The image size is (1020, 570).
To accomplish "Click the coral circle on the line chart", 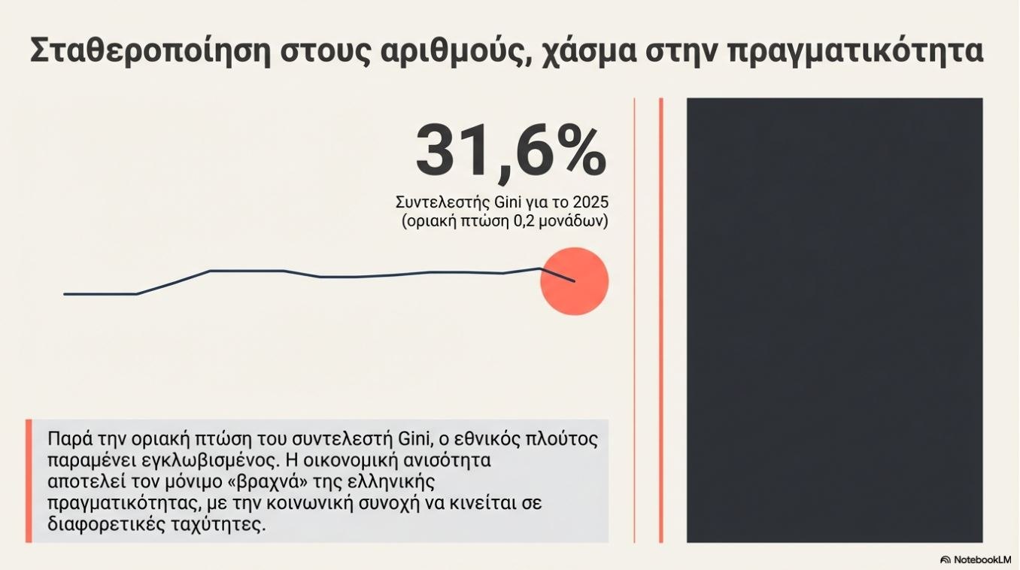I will [x=575, y=280].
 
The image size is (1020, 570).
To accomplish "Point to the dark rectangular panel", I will [x=834, y=320].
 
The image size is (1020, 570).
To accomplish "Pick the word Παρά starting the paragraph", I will [x=66, y=439].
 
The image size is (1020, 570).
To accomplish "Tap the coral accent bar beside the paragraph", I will [x=29, y=481].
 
